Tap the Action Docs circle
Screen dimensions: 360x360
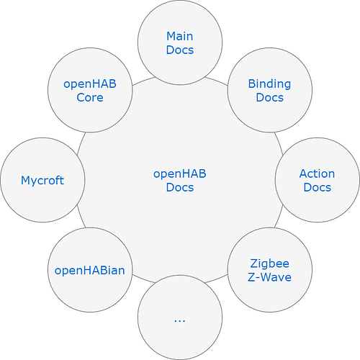point(317,180)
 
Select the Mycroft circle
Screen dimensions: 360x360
point(42,180)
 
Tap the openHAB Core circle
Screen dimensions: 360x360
point(90,90)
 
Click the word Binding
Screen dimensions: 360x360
point(269,84)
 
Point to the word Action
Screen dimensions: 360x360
point(317,174)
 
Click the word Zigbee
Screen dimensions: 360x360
point(269,264)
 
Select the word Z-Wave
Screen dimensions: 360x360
point(269,277)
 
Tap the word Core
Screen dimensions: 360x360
point(90,98)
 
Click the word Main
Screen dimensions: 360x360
point(180,36)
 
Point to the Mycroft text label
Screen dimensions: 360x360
point(42,180)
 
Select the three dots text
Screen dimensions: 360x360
point(180,319)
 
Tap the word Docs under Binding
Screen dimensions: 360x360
point(269,98)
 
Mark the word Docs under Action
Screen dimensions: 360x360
point(317,187)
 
